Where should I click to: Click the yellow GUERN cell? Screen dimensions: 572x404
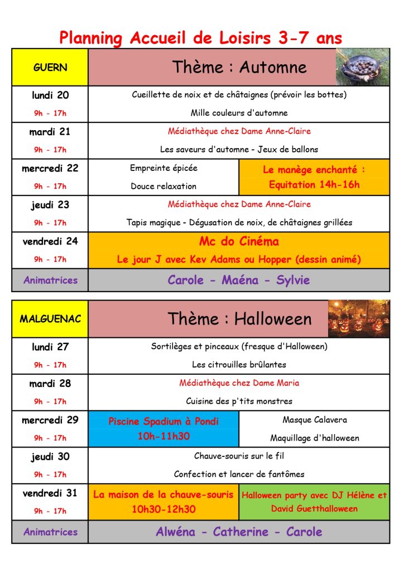[50, 68]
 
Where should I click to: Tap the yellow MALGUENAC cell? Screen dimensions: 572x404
[50, 319]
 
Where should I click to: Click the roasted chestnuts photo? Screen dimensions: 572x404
[362, 66]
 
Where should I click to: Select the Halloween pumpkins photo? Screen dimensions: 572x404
[359, 318]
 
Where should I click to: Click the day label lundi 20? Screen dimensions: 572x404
[50, 95]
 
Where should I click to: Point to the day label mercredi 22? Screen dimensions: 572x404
[50, 168]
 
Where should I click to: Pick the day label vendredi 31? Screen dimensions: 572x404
[50, 493]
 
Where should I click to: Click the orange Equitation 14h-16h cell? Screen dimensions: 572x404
[314, 177]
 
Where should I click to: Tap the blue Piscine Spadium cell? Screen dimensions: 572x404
[163, 428]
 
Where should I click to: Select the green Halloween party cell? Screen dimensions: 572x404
[314, 502]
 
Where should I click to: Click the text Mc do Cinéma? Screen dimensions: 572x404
[239, 242]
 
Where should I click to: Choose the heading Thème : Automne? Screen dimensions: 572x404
[239, 68]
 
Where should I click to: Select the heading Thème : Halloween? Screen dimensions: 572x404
[239, 319]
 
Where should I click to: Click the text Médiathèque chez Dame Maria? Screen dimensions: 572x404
[239, 383]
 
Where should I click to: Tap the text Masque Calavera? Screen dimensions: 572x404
[314, 420]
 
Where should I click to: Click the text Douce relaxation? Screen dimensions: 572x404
[163, 186]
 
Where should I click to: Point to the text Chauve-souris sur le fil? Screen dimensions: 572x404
[239, 456]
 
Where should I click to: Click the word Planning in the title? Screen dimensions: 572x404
[90, 38]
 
